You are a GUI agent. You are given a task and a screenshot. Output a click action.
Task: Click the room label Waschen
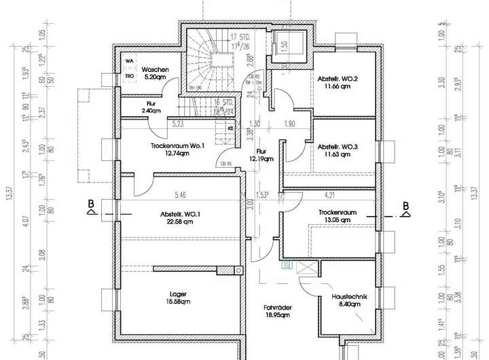(x=155, y=70)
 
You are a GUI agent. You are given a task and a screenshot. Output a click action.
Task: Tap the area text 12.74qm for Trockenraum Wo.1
(x=175, y=153)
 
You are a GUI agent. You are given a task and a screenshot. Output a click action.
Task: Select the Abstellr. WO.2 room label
(x=338, y=79)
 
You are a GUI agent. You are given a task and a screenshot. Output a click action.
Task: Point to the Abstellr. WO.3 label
(x=338, y=146)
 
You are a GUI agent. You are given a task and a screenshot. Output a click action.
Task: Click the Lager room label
(x=179, y=294)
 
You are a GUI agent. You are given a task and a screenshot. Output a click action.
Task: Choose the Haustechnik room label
(x=350, y=297)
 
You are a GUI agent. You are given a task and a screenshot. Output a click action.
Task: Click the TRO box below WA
(x=130, y=76)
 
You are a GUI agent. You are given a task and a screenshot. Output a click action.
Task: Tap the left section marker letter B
(x=90, y=202)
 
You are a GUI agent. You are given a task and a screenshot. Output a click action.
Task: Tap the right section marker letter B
(x=405, y=205)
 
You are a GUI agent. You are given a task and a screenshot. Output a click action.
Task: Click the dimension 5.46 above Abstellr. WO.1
(x=180, y=195)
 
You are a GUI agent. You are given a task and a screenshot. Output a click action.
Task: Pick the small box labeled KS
(x=231, y=127)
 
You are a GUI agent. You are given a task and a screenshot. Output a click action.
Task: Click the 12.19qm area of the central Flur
(x=261, y=160)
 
